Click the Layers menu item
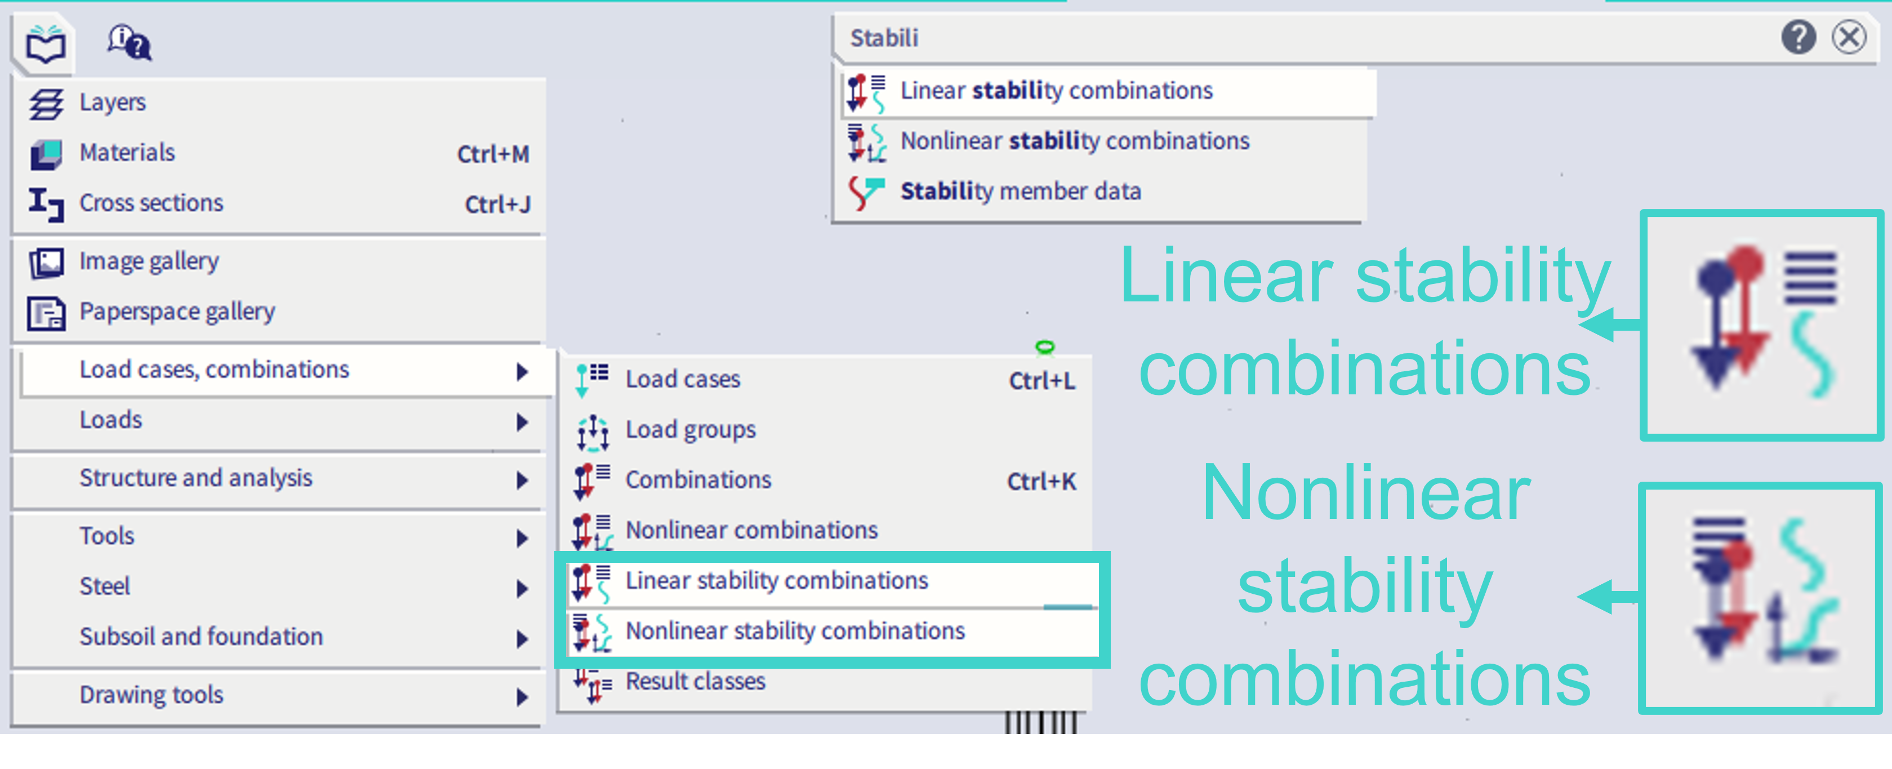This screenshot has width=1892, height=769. pos(113,102)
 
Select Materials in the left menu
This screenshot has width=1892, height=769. pos(127,152)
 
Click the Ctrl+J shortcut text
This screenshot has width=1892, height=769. pos(497,204)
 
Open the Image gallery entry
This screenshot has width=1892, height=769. pos(149,261)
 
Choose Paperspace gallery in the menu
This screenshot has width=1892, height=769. pos(177,312)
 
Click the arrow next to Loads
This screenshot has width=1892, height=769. pos(522,421)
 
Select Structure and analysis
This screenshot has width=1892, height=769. pos(196,478)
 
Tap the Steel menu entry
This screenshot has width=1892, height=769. pos(105,586)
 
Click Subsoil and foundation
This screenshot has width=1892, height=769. pos(201,636)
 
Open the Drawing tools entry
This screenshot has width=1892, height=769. pos(152,694)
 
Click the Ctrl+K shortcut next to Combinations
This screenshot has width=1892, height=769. pos(1041,482)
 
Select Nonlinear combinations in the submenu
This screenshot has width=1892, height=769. pos(751,530)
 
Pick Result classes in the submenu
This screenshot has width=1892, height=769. pos(695,682)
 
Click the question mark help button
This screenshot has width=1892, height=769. pos(1798,37)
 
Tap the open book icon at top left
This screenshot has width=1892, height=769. pos(45,45)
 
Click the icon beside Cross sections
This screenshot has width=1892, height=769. pos(46,203)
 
